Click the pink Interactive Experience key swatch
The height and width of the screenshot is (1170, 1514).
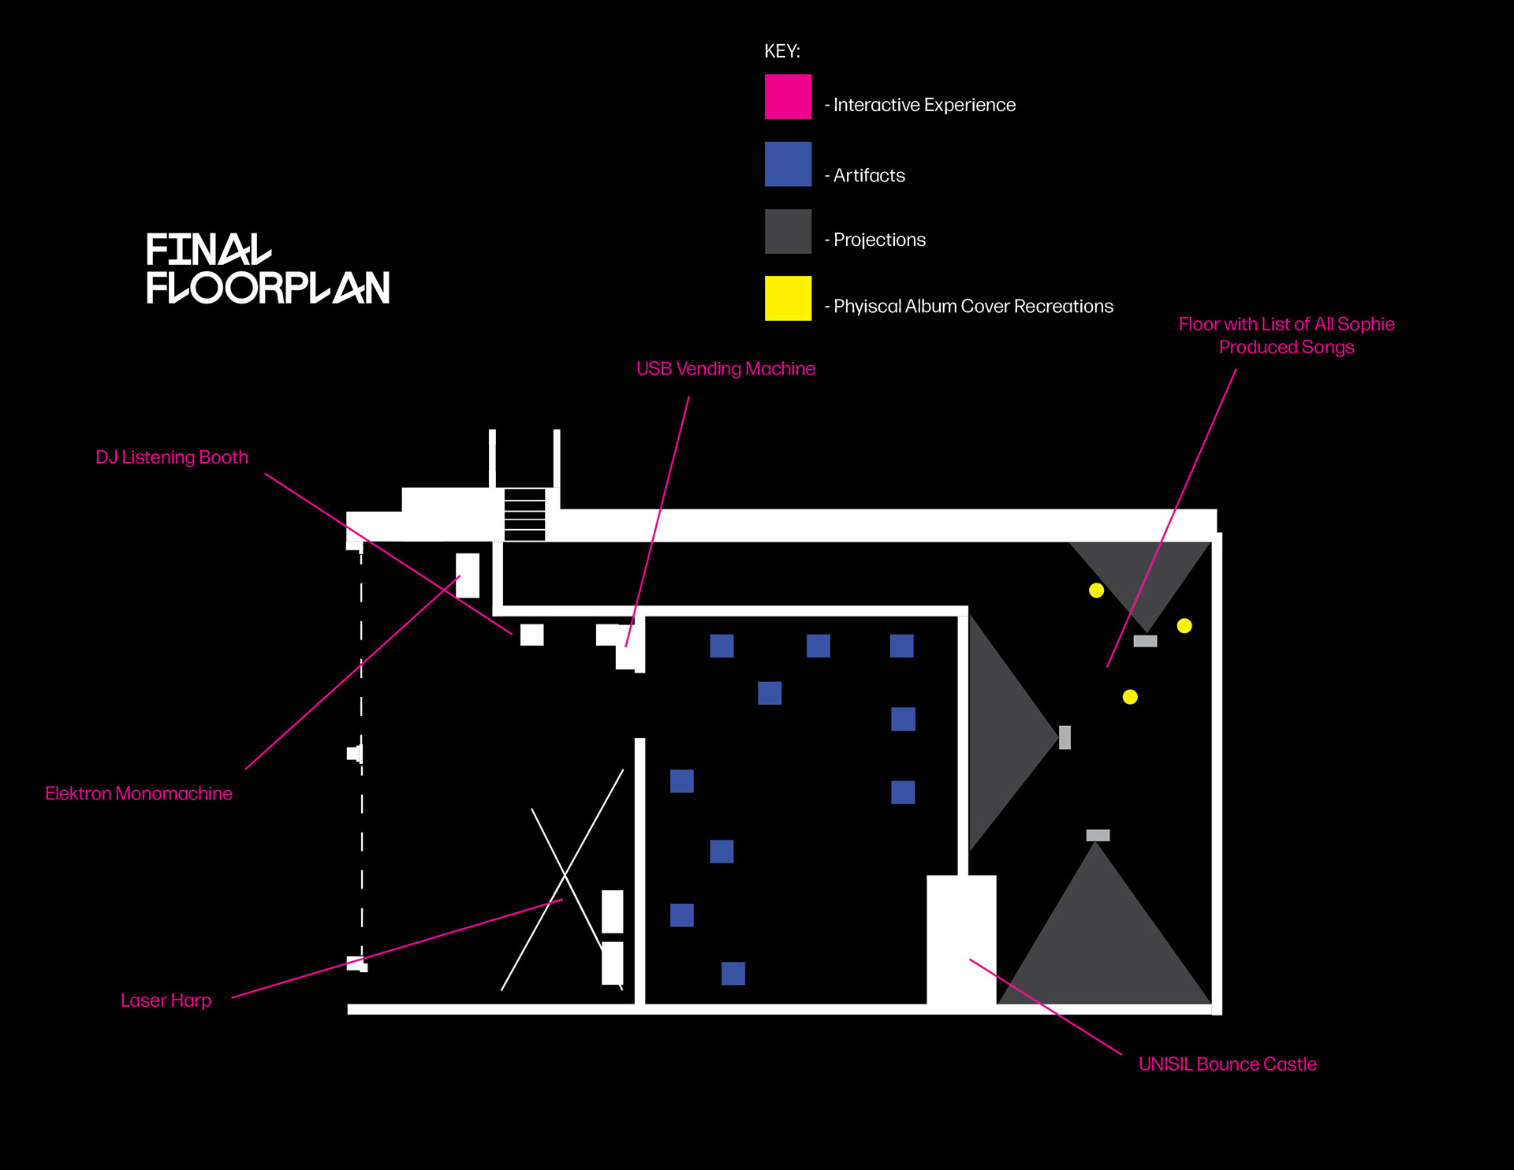tap(788, 97)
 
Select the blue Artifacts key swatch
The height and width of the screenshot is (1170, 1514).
tap(788, 164)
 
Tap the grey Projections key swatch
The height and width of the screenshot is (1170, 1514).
tap(788, 231)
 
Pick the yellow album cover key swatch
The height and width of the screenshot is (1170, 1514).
tap(788, 298)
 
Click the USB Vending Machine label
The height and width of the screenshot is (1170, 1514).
tap(725, 369)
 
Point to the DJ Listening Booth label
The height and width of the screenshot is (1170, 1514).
tap(172, 457)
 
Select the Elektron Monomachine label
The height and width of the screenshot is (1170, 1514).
tap(139, 793)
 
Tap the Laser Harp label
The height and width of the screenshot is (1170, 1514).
tap(166, 1000)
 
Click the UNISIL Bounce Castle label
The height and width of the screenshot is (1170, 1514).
tap(1228, 1064)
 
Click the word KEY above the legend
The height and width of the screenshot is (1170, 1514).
tap(781, 51)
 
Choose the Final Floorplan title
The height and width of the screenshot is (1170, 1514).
tap(267, 269)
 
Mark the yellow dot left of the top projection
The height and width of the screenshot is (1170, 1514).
tap(1096, 591)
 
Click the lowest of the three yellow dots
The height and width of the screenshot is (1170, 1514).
tap(1130, 697)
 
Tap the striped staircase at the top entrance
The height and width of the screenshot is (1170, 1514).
tap(524, 514)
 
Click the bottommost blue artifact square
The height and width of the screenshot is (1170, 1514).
tap(733, 974)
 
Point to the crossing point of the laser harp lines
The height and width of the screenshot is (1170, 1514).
tap(565, 874)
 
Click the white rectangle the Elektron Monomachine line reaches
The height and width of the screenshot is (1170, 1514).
tap(468, 576)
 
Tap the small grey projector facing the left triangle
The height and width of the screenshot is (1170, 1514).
tap(1065, 738)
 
